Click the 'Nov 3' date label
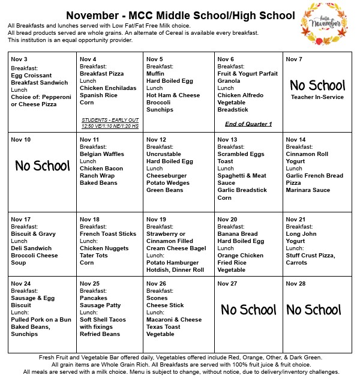click(20, 59)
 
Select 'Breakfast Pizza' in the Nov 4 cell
click(101, 74)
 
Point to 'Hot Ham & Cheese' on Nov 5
click(173, 95)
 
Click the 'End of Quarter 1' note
click(248, 124)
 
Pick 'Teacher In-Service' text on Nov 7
click(317, 97)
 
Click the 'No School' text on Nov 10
click(42, 166)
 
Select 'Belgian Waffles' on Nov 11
click(102, 154)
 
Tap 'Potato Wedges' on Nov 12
click(168, 183)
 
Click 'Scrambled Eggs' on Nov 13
click(241, 154)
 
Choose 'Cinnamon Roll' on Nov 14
click(308, 154)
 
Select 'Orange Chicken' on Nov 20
click(241, 256)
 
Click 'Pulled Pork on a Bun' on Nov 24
click(41, 320)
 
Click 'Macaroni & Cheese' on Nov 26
click(174, 320)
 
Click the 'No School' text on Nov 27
click(248, 310)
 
